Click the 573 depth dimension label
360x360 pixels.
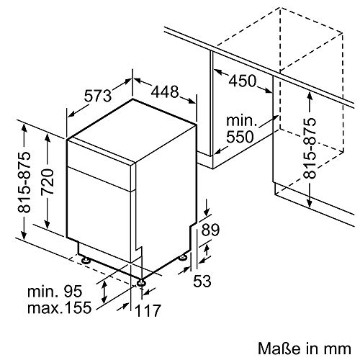[x=98, y=96]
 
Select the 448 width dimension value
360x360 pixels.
[x=165, y=91]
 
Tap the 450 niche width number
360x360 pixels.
[x=243, y=81]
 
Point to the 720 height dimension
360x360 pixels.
[x=47, y=181]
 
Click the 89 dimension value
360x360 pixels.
[x=210, y=230]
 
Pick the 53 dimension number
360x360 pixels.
[x=202, y=281]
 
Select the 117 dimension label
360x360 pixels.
[x=148, y=310]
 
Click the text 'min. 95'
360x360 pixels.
[x=55, y=292]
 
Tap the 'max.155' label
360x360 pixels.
[x=60, y=307]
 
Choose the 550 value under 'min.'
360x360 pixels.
[x=240, y=137]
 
